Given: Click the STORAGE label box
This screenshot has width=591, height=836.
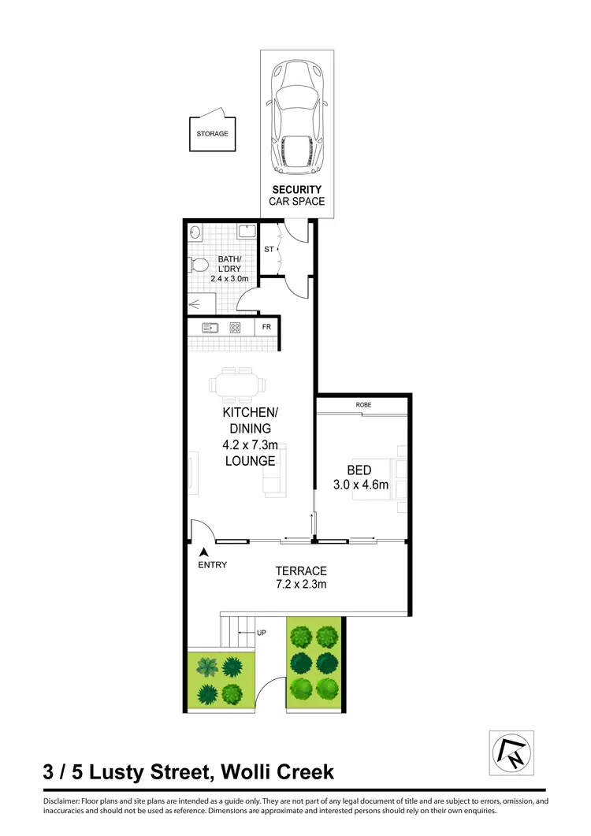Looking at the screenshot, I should tap(212, 134).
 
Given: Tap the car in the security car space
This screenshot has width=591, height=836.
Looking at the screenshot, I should tap(297, 117).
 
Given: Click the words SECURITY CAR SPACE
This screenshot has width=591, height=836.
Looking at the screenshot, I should tap(297, 195).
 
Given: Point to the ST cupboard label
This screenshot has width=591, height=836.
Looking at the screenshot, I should tap(268, 249).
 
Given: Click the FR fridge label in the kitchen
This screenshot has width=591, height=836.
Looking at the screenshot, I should tap(266, 328).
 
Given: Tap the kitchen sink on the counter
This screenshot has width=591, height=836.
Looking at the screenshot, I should tap(210, 329).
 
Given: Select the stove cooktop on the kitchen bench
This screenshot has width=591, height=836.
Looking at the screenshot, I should tap(235, 329).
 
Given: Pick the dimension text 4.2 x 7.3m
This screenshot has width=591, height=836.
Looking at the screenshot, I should tap(249, 445).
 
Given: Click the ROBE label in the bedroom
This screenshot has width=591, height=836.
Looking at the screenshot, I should tap(363, 405).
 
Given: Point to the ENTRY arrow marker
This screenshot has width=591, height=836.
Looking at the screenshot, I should tap(204, 553).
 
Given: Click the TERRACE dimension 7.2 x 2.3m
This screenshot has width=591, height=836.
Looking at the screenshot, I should tap(300, 584).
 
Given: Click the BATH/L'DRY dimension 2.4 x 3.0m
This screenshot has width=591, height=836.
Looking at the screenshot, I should tap(229, 278).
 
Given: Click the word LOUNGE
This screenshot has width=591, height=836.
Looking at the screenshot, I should tap(250, 461).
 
